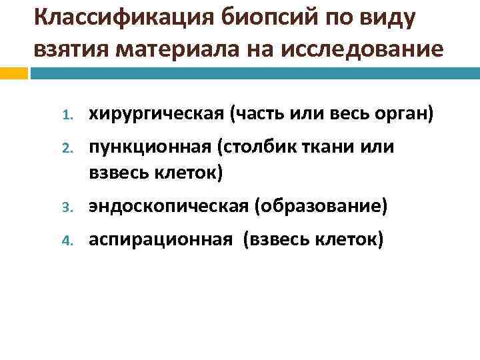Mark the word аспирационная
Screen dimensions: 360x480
tap(161, 239)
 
